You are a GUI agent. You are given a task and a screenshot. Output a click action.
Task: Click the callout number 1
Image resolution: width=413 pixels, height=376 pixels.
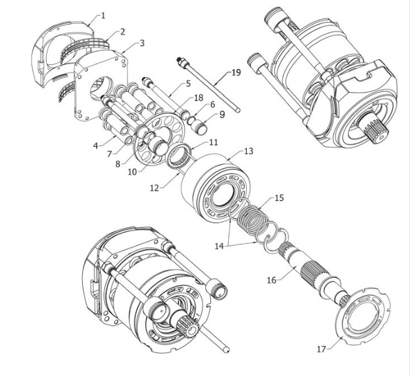[x=103, y=15]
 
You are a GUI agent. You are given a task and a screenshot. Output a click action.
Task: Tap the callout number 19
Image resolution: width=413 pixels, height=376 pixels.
[x=236, y=73]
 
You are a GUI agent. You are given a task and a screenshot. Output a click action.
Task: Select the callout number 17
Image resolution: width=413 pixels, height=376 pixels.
[x=321, y=349]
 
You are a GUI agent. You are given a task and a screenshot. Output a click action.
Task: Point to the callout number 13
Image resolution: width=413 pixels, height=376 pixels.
[x=249, y=151]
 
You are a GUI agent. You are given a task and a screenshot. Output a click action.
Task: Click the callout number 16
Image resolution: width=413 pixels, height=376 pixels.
[x=272, y=280]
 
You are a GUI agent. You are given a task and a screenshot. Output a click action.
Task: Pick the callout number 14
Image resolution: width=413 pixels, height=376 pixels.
[x=219, y=246]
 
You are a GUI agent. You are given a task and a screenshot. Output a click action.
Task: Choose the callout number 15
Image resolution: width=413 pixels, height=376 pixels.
[x=279, y=198]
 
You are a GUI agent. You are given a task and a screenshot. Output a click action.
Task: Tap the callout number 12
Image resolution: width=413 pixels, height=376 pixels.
[x=155, y=188]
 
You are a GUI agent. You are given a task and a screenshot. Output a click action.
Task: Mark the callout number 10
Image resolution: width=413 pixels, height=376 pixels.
[x=133, y=172]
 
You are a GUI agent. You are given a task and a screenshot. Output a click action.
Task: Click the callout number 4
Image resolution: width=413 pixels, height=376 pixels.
[x=96, y=145]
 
